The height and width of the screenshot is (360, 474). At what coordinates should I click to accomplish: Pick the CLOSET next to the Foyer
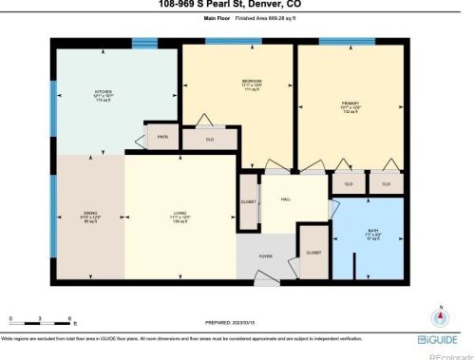pyautogui.click(x=313, y=252)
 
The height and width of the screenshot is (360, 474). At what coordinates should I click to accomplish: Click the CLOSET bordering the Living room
pyautogui.click(x=248, y=202)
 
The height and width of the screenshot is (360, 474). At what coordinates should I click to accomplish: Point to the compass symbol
pyautogui.click(x=440, y=319)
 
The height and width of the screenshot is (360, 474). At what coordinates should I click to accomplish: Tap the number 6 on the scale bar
pyautogui.click(x=71, y=317)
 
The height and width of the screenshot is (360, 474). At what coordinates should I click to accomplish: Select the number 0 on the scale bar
pyautogui.click(x=11, y=317)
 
